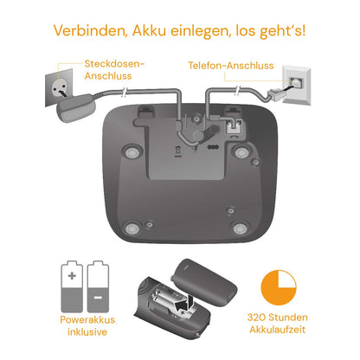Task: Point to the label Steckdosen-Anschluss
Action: (115, 69)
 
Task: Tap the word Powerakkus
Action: (82, 319)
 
